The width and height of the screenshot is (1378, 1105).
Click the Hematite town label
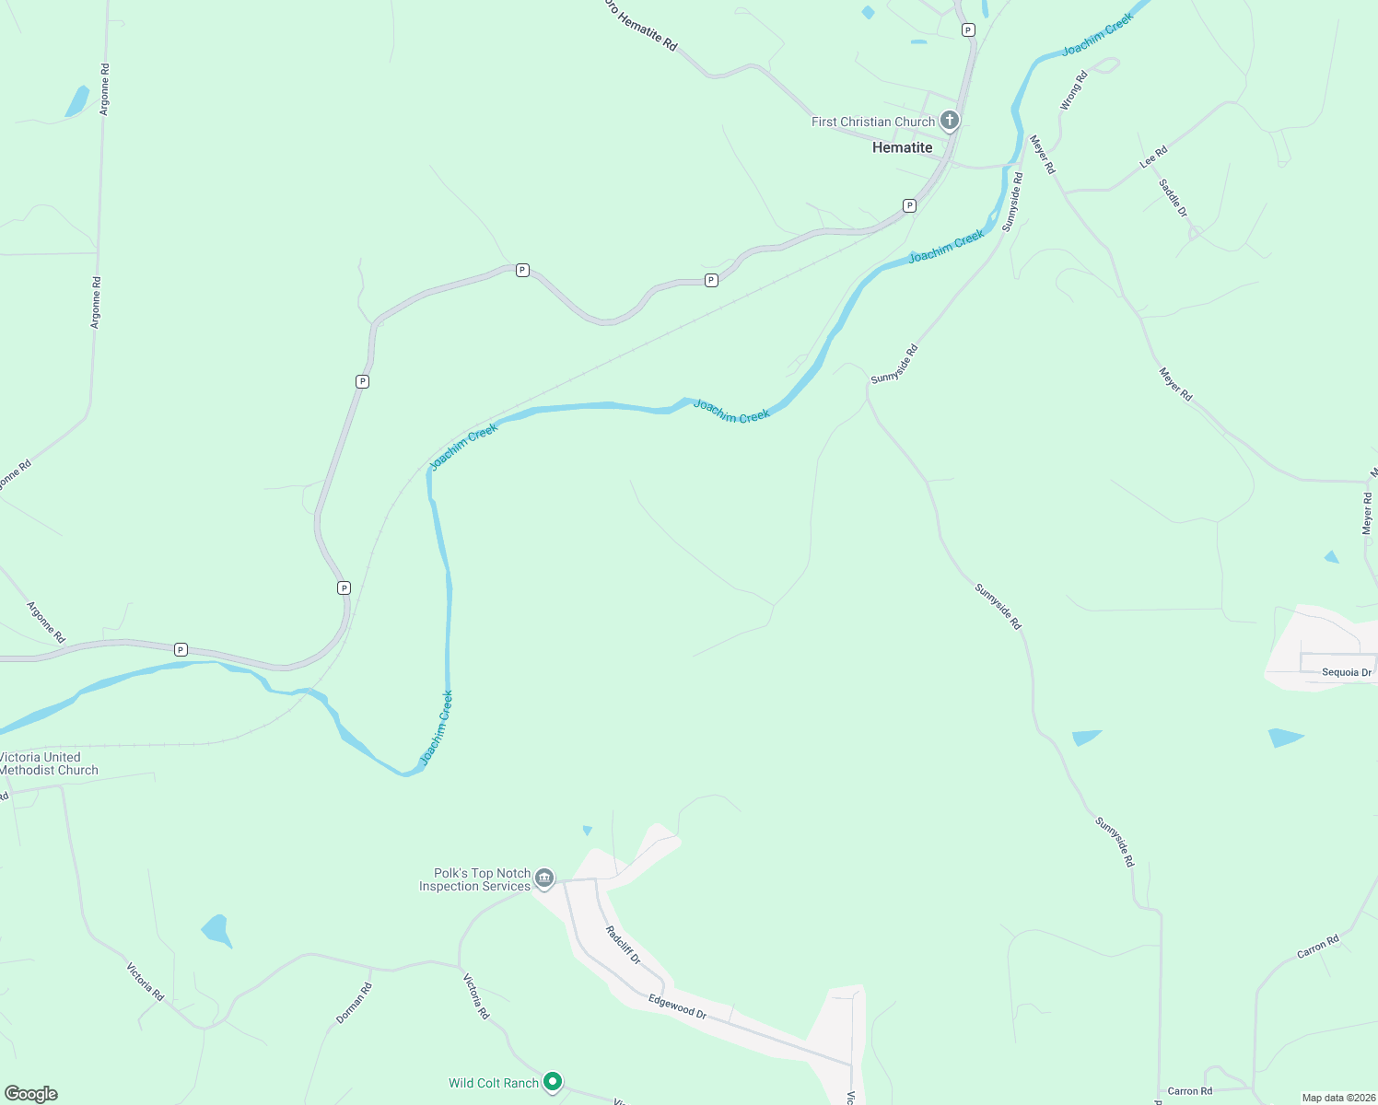(x=902, y=147)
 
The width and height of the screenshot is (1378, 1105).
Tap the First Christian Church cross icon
(x=950, y=121)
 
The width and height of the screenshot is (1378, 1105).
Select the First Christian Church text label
(x=872, y=122)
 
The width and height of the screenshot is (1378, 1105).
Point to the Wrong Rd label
(x=1074, y=91)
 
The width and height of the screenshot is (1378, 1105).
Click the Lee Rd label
(x=1153, y=157)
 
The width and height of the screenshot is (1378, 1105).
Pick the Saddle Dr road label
(x=1174, y=198)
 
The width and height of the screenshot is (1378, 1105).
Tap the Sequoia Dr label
(x=1346, y=672)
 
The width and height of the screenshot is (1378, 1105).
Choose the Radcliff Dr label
(x=623, y=945)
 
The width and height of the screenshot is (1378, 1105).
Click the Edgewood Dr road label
(x=677, y=1006)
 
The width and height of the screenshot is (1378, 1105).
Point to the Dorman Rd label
(x=354, y=1003)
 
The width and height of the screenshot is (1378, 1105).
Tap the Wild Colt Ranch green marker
(x=553, y=1081)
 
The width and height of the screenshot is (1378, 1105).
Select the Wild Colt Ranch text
(x=493, y=1083)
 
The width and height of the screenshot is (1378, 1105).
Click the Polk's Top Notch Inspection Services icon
(x=544, y=878)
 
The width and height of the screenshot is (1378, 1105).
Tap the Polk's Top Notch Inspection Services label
(x=474, y=879)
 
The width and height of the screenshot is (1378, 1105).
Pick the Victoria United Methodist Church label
(x=46, y=763)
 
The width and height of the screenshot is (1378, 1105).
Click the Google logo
(x=31, y=1094)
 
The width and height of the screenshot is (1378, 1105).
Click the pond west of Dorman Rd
(x=217, y=930)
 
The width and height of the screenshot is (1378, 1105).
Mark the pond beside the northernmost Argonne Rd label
(x=77, y=100)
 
